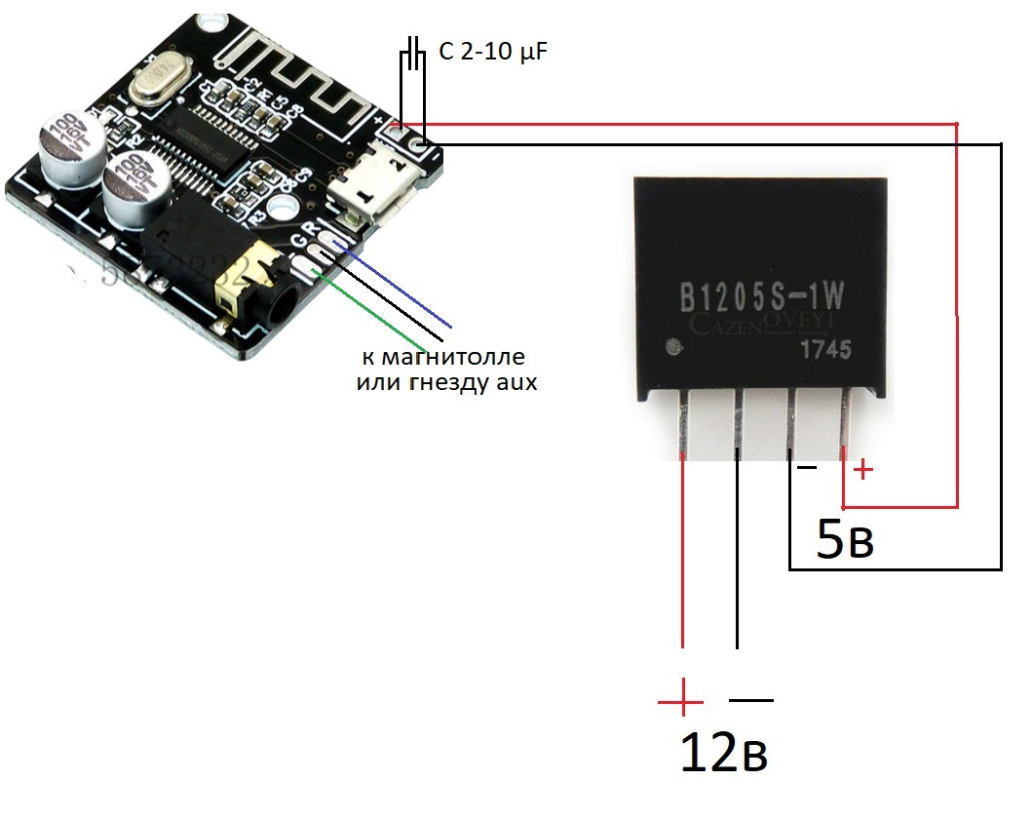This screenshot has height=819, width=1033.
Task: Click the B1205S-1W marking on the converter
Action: coord(761,294)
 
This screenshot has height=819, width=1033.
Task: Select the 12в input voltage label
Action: coord(724,753)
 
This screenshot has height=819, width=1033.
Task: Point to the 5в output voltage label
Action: coord(844,542)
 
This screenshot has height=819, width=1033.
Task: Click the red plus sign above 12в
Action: coord(680,700)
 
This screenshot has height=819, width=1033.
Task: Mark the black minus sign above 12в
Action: coord(751,700)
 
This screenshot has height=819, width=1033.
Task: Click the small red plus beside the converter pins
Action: coord(863,471)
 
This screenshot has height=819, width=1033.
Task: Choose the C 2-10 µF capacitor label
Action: coord(493,53)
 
